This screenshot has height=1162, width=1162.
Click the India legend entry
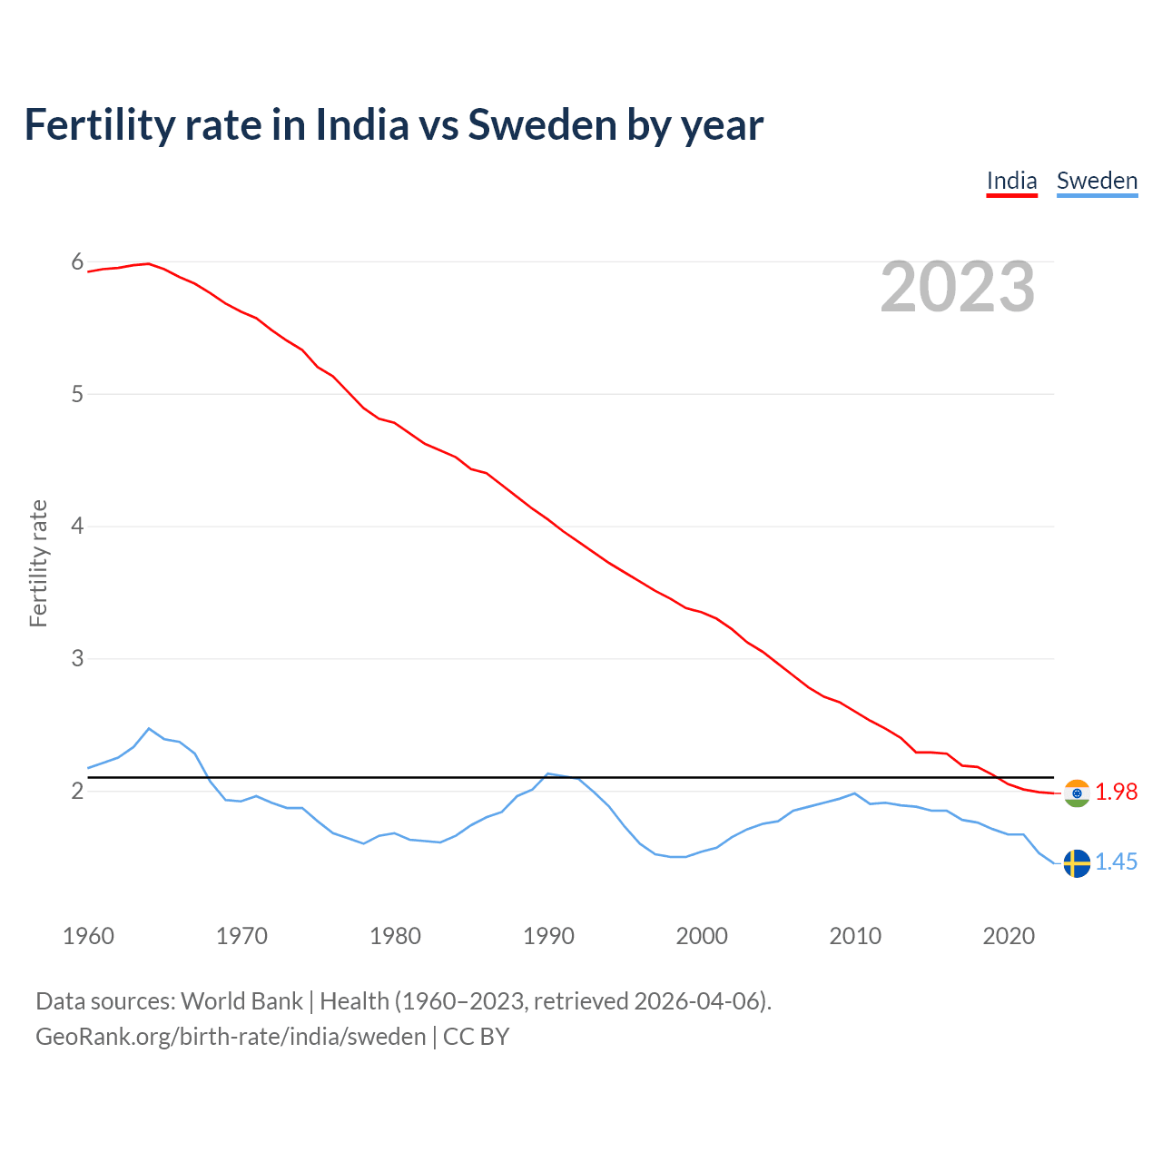(x=1011, y=181)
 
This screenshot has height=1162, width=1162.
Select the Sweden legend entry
(x=1097, y=181)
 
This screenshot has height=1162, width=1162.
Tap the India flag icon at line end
(x=1077, y=793)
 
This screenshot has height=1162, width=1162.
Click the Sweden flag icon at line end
(x=1077, y=862)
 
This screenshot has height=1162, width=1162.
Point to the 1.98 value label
(x=1116, y=793)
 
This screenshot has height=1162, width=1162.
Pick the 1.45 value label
(x=1116, y=862)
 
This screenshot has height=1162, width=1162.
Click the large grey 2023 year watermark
(x=958, y=287)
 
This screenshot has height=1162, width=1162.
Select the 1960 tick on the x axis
(x=88, y=936)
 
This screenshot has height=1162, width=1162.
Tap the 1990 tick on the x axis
(x=548, y=936)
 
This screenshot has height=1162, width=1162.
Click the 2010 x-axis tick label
(x=855, y=936)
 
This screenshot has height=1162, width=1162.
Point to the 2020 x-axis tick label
(x=1009, y=936)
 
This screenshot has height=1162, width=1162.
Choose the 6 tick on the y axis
(x=77, y=262)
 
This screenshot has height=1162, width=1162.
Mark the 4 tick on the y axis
(x=77, y=527)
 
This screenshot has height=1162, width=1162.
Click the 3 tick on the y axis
(x=77, y=658)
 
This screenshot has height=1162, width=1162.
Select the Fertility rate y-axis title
(x=38, y=563)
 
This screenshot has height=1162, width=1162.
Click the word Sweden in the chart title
(x=542, y=125)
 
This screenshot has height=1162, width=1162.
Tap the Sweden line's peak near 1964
(x=150, y=728)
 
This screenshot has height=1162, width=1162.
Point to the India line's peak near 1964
(x=149, y=263)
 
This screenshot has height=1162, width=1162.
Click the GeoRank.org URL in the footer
(x=231, y=1037)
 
